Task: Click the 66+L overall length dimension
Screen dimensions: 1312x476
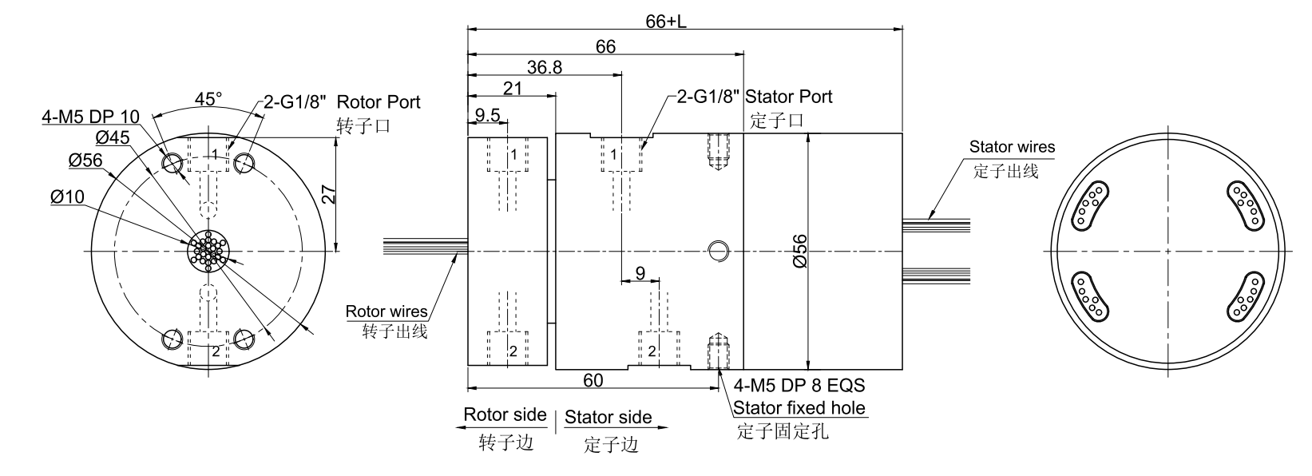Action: click(666, 22)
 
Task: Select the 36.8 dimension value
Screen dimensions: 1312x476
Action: click(544, 67)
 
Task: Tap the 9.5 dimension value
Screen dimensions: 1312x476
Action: click(487, 115)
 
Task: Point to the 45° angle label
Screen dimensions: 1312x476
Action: click(208, 99)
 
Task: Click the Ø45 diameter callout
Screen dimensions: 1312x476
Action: click(113, 137)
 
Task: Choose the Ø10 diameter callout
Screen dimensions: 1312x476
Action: click(67, 196)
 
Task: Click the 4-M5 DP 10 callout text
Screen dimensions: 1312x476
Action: click(91, 117)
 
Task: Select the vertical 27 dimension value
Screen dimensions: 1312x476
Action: click(329, 194)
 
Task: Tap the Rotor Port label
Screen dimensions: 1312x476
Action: click(379, 102)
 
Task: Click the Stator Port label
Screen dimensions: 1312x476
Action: click(788, 97)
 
